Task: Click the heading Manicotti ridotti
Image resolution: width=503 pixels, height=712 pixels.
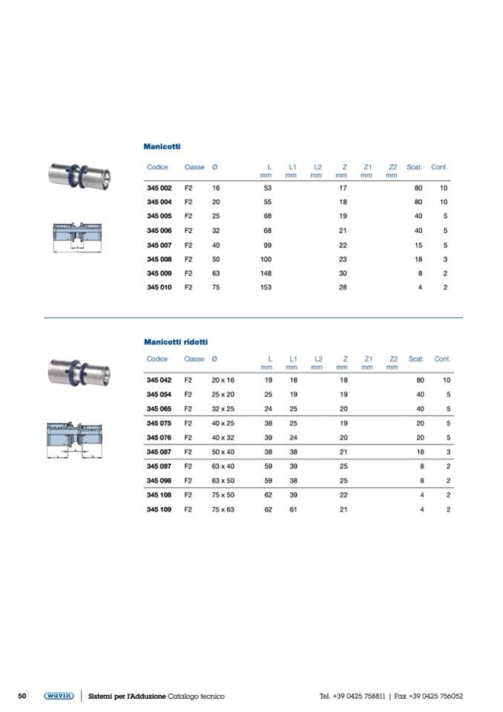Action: pyautogui.click(x=176, y=342)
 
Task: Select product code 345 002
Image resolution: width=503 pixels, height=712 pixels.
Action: pyautogui.click(x=160, y=188)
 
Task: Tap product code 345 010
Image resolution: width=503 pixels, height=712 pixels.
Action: pyautogui.click(x=160, y=287)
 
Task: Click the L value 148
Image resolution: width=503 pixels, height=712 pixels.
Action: pyautogui.click(x=266, y=273)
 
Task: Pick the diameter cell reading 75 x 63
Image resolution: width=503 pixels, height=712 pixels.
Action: pyautogui.click(x=223, y=509)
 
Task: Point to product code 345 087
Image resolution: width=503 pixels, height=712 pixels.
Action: pyautogui.click(x=160, y=452)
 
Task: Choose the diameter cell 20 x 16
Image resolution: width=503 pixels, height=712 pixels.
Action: pyautogui.click(x=223, y=380)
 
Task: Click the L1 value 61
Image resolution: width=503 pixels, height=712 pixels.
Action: pyautogui.click(x=294, y=509)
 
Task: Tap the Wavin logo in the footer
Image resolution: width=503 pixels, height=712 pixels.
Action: pyautogui.click(x=59, y=696)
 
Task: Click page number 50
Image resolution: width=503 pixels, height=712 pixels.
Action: pyautogui.click(x=22, y=696)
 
